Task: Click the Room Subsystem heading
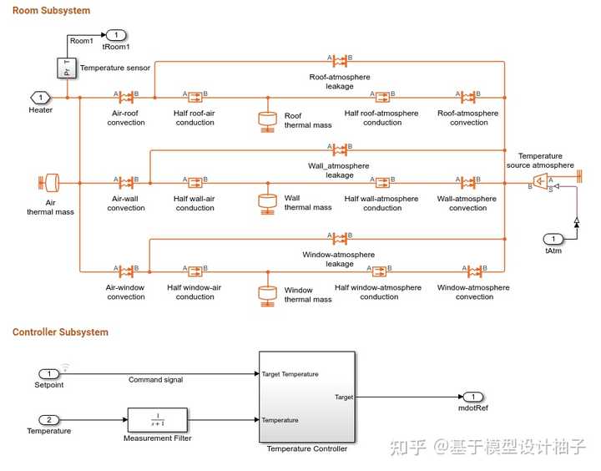click(52, 11)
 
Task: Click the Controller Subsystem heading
click(60, 332)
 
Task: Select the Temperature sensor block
click(67, 68)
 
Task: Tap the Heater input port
click(40, 98)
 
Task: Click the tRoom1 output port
click(115, 35)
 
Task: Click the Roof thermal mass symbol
click(268, 119)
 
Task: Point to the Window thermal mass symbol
click(268, 294)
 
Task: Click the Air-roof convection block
click(126, 98)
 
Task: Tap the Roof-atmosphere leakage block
click(340, 61)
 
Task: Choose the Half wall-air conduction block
click(195, 182)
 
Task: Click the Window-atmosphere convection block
click(473, 271)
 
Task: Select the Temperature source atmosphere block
click(541, 181)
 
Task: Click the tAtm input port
click(553, 239)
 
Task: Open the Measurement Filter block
click(158, 418)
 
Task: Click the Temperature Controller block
click(306, 397)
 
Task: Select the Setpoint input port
click(49, 373)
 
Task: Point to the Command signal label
click(155, 380)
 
